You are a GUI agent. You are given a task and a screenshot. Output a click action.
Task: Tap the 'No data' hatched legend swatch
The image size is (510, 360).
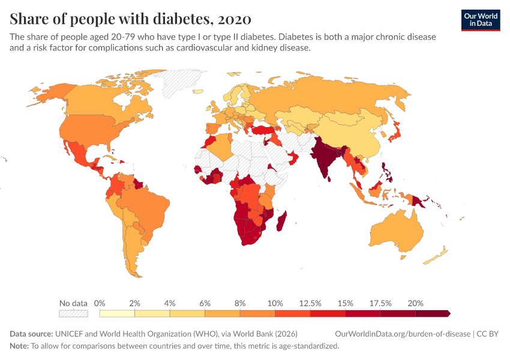[73, 313]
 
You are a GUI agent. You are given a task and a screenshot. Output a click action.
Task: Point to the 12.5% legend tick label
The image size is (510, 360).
[310, 303]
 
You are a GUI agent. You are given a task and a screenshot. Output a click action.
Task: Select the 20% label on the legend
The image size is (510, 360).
[415, 303]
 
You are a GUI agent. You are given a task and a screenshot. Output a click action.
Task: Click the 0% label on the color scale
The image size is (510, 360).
[100, 303]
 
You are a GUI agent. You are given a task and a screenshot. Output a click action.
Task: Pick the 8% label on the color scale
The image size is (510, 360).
[240, 303]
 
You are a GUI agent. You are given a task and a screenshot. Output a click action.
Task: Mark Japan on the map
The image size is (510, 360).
[397, 133]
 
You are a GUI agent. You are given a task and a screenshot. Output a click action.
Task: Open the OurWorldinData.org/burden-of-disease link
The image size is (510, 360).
[402, 334]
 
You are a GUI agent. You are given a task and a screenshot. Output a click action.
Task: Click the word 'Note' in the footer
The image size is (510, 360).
[19, 346]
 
